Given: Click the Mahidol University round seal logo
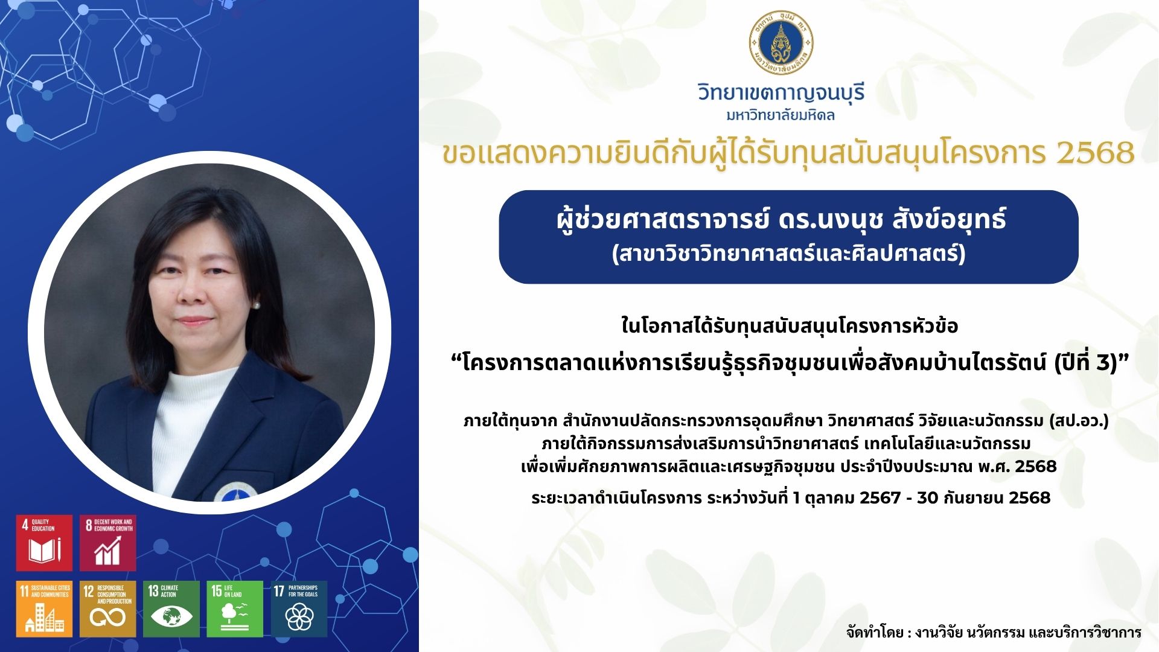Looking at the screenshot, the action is [781, 42].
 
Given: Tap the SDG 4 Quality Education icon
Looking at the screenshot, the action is [44, 543].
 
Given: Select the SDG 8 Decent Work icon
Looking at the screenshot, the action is [108, 543].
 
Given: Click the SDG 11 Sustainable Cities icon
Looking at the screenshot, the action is [44, 609].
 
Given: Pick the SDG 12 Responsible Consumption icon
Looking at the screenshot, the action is [108, 609].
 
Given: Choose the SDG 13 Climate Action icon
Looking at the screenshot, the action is [171, 609].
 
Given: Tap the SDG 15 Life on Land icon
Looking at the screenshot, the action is [235, 609].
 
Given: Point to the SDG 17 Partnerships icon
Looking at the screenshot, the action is [299, 609].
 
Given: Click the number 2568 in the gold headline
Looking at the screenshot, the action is [1096, 153].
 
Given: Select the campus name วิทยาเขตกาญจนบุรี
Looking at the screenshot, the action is [781, 92].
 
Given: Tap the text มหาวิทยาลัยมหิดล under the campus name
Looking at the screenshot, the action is [781, 115].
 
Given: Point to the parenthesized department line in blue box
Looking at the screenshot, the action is [789, 252].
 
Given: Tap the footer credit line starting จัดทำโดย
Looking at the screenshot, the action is [994, 632].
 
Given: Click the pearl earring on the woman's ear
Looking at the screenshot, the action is [257, 305].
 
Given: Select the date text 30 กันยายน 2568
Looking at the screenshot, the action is [984, 497].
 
